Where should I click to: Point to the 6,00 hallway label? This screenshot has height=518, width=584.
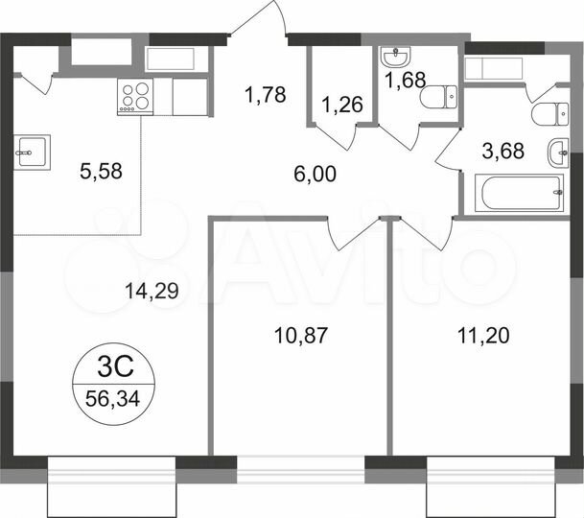(315, 174)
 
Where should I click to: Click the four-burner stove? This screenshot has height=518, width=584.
(134, 96)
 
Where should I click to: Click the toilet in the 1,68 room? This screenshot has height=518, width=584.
(442, 98)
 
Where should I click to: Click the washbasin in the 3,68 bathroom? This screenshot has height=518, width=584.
(559, 153)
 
